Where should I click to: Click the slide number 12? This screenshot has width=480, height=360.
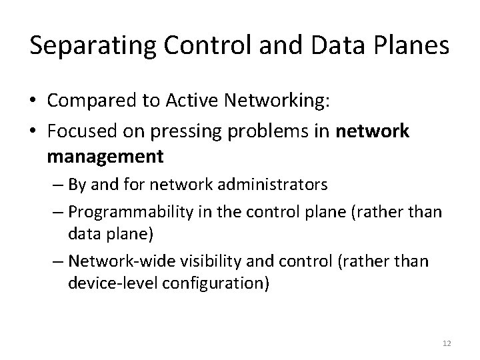(447, 343)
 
